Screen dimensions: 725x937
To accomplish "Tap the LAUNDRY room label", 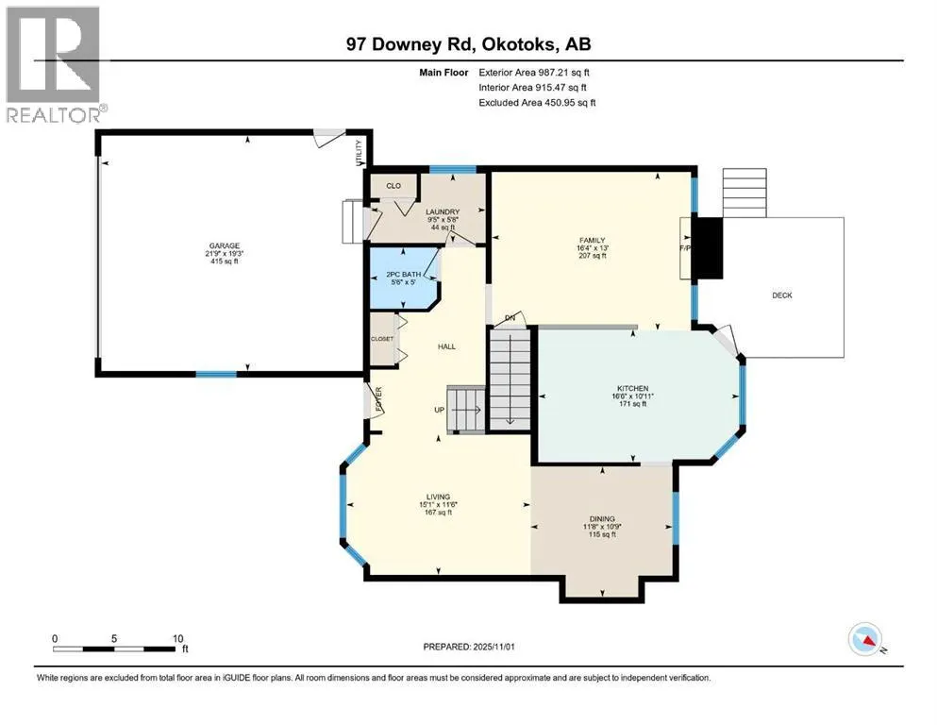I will pos(442,211).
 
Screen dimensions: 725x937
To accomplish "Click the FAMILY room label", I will pos(592,241).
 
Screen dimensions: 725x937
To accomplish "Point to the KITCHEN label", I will pos(632,387).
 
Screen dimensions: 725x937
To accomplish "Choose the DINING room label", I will pos(602,518).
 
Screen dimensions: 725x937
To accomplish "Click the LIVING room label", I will pos(437,497).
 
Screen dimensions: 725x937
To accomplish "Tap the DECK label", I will pos(782,295).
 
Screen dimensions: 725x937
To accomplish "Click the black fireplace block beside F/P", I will pos(708,248).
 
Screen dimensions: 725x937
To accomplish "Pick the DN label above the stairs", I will pos(510,317).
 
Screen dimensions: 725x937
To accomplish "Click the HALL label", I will pos(446,346).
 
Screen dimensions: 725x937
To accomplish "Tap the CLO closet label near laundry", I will pos(393,185).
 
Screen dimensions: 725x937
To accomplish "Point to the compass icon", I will pos(864,640).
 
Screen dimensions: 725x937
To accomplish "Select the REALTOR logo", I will pos(54,64).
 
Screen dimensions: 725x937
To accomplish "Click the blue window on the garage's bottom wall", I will pos(216,375).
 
